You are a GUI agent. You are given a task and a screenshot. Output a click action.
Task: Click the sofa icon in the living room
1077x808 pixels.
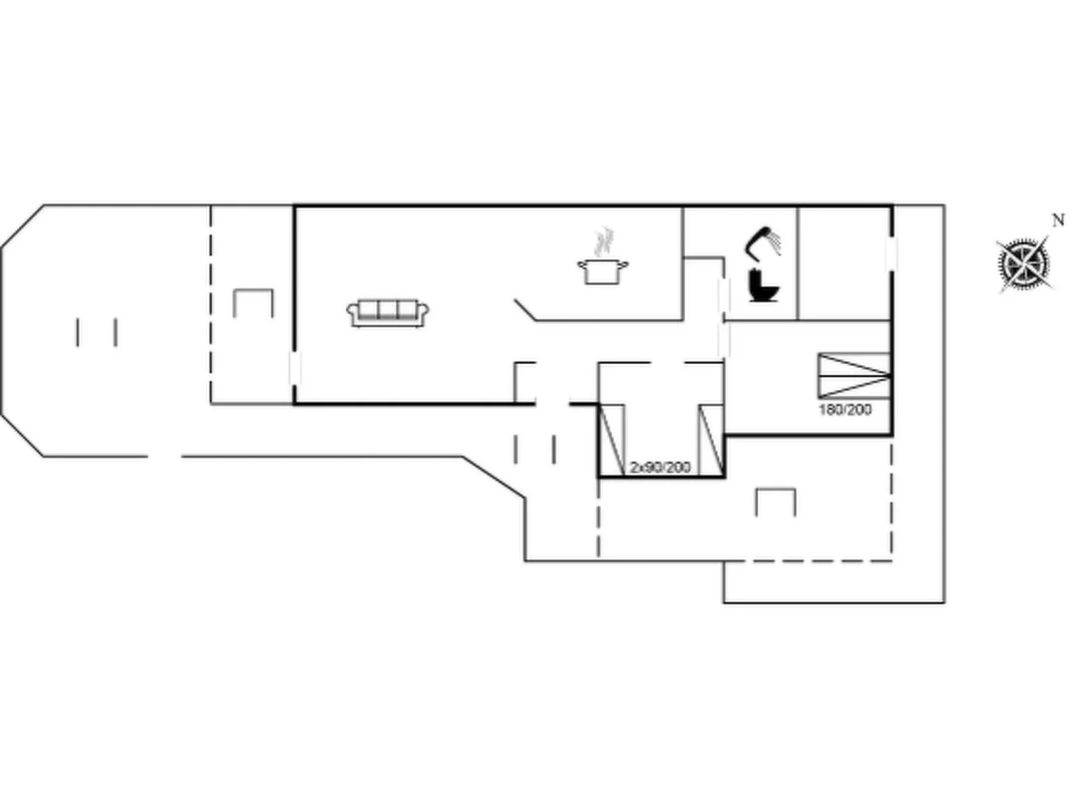click(388, 313)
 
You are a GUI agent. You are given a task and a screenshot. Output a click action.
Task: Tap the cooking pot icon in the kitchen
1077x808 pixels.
click(602, 272)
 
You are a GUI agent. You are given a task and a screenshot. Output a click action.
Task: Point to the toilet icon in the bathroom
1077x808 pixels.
click(762, 286)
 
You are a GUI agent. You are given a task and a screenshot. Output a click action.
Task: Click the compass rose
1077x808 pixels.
click(1023, 263)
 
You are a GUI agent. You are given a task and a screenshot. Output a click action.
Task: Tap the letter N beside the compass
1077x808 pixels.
click(1058, 221)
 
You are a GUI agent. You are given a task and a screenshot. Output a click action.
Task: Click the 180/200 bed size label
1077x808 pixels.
click(845, 410)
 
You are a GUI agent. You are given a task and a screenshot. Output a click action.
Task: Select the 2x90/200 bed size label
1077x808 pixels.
click(660, 467)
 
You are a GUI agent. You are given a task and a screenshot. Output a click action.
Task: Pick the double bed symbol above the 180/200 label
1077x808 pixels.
click(854, 376)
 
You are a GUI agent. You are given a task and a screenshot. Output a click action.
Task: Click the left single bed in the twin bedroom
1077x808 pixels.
click(611, 440)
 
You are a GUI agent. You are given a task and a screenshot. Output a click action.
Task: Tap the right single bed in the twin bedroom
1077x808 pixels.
click(711, 440)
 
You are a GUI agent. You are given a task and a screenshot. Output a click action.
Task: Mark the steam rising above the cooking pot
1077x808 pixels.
click(605, 241)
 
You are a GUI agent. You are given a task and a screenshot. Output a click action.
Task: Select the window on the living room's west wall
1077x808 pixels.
click(294, 369)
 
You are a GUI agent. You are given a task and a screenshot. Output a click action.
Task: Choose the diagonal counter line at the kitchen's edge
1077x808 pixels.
click(525, 310)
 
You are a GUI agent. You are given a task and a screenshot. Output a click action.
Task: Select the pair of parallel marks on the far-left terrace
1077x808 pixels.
click(97, 333)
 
